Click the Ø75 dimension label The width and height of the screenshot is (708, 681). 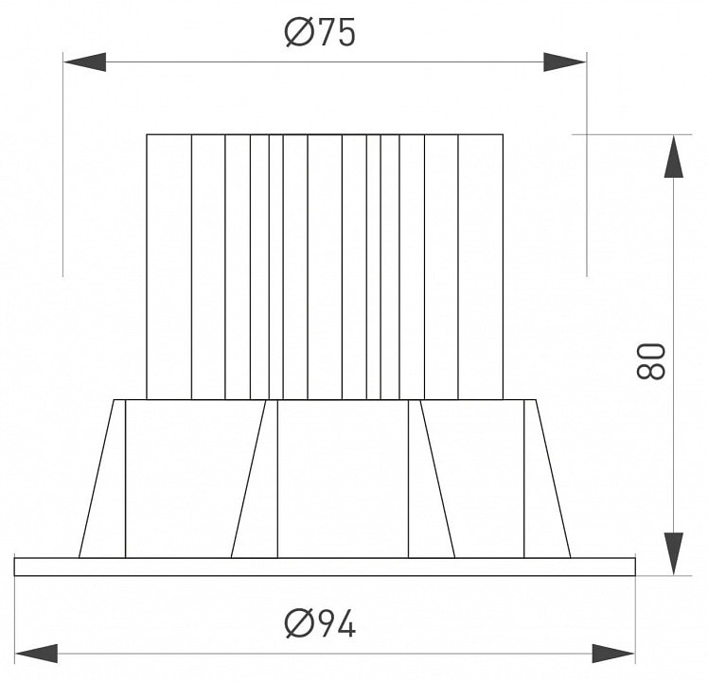pyautogui.click(x=320, y=32)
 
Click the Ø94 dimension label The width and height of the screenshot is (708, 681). pyautogui.click(x=320, y=623)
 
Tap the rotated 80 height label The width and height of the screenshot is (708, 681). pyautogui.click(x=650, y=360)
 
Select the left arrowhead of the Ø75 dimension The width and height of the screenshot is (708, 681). pyautogui.click(x=84, y=61)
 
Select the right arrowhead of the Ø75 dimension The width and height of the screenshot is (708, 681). pyautogui.click(x=565, y=61)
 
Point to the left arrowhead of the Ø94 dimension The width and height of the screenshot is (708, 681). pyautogui.click(x=36, y=654)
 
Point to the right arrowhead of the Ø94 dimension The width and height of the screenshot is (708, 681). pyautogui.click(x=613, y=654)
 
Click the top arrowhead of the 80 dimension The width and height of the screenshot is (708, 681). pyautogui.click(x=674, y=156)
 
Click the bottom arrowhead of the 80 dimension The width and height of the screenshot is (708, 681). pyautogui.click(x=674, y=553)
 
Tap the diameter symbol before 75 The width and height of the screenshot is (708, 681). pyautogui.click(x=299, y=32)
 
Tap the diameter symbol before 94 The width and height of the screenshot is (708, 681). pyautogui.click(x=299, y=623)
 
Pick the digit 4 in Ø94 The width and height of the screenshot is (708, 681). pyautogui.click(x=345, y=623)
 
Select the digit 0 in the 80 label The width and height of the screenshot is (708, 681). pyautogui.click(x=650, y=352)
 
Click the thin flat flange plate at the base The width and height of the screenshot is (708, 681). pyautogui.click(x=325, y=567)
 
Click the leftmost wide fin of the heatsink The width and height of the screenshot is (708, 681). pyautogui.click(x=168, y=267)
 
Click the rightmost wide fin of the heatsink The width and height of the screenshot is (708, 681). pyautogui.click(x=481, y=267)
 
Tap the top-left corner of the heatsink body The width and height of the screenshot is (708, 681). pyautogui.click(x=147, y=134)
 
